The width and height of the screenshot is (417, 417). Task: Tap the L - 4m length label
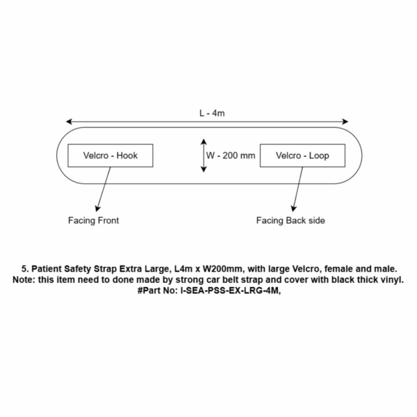(212, 113)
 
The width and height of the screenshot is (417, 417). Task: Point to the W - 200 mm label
(231, 156)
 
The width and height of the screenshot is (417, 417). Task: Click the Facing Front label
(93, 220)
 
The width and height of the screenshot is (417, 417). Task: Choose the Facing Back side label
(291, 220)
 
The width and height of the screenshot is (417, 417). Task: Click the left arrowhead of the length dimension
(69, 122)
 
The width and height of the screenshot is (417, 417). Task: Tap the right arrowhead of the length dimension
(345, 122)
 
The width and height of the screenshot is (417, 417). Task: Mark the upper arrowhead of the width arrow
(204, 142)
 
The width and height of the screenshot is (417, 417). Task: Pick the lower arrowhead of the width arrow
(204, 169)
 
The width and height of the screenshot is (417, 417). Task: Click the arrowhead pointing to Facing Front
(98, 208)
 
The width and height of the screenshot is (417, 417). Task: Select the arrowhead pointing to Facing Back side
(293, 208)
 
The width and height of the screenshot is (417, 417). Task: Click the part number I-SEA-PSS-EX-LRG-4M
(230, 291)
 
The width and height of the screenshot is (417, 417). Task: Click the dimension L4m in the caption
(183, 269)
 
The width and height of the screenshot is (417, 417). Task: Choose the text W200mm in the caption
(223, 269)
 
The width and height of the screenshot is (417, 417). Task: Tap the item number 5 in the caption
(24, 269)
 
